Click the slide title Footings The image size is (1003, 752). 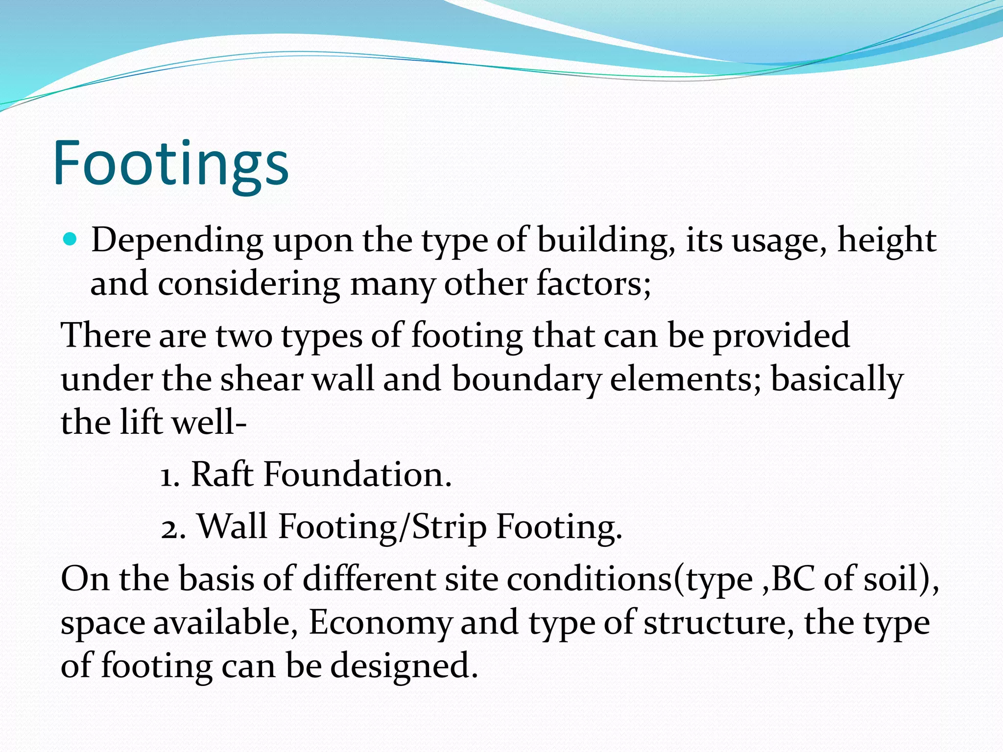coord(170,164)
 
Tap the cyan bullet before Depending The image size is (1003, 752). coord(71,240)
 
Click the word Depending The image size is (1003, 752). coord(177,241)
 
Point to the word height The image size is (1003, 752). coord(886,241)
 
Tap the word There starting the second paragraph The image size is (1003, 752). coord(105,336)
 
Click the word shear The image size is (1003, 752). coord(261,379)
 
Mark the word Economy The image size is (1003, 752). coord(380,623)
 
